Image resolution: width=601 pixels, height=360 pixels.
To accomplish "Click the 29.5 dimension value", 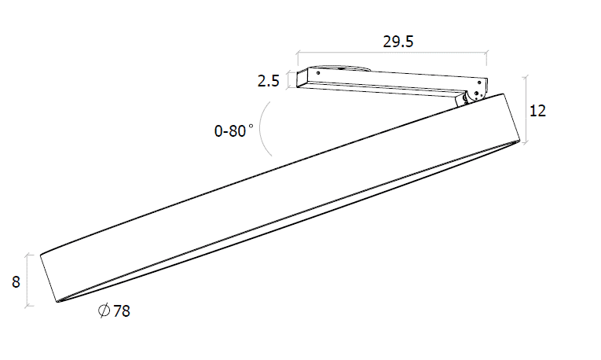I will tap(398, 42).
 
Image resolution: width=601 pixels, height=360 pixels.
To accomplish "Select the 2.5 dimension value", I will tap(269, 80).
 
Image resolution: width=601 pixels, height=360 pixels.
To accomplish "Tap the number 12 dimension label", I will tap(537, 111).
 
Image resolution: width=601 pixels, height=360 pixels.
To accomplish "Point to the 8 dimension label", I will tap(16, 281).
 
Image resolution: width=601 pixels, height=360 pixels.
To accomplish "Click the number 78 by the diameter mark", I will tap(122, 311).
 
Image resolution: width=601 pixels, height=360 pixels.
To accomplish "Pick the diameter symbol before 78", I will tap(104, 311).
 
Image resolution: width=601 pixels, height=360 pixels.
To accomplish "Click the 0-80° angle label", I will tap(232, 131).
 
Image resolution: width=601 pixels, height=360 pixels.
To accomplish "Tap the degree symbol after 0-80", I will tap(251, 127).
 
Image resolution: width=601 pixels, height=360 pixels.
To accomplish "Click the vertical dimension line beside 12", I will tap(525, 110).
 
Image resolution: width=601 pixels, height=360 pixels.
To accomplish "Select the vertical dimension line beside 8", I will tap(28, 280).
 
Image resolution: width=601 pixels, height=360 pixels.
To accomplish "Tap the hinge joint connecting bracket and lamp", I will tap(471, 97).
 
